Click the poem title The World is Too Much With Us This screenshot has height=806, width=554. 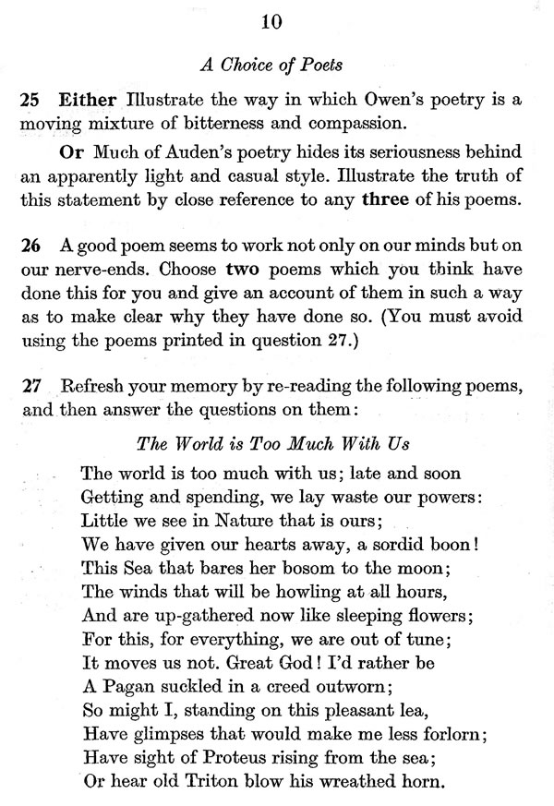272,443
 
